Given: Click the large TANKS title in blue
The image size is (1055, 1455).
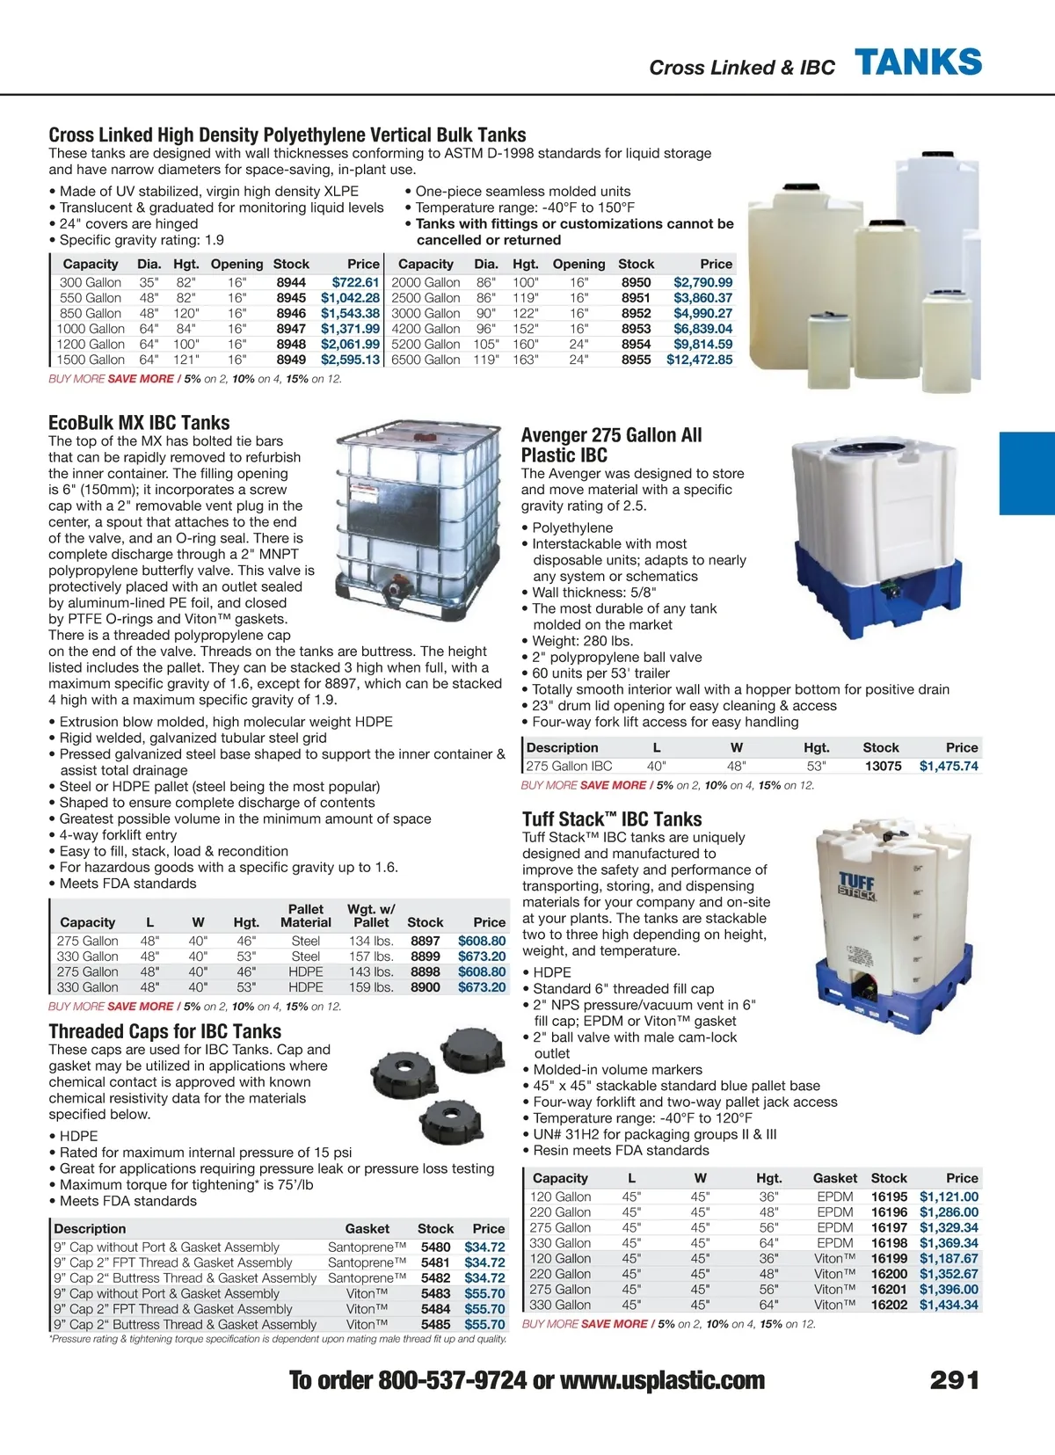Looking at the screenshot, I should tap(918, 63).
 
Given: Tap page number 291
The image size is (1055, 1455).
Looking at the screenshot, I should tap(954, 1380).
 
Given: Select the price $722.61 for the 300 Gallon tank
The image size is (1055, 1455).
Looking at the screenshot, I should tap(355, 282).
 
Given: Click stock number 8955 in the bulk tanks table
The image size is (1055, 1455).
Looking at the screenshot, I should tap(636, 360).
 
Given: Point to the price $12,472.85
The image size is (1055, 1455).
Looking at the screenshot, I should tap(699, 360).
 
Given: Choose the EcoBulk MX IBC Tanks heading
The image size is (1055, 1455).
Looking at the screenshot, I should tap(139, 423).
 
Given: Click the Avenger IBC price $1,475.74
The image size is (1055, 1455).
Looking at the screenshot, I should tap(949, 766).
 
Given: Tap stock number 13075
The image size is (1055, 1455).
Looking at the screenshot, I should tap(883, 766).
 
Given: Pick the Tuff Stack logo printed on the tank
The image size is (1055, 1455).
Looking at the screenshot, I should tap(855, 885).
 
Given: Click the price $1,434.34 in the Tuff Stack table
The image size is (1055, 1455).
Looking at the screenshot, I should tap(949, 1305).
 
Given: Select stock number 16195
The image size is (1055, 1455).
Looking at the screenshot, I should tap(889, 1197).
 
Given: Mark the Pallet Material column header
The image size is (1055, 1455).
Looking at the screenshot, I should tap(305, 915).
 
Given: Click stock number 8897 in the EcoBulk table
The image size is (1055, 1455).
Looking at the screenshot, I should tap(426, 941).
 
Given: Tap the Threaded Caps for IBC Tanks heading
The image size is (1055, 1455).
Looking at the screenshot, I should tap(165, 1031).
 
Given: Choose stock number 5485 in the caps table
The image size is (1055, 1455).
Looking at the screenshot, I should tap(435, 1324).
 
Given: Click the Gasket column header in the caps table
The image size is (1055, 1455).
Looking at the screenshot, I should tap(367, 1228).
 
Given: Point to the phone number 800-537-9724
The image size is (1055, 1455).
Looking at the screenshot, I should tap(452, 1380).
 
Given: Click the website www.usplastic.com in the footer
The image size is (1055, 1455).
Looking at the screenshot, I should tap(662, 1380).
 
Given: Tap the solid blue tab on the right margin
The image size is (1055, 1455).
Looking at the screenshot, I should tap(1027, 472).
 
